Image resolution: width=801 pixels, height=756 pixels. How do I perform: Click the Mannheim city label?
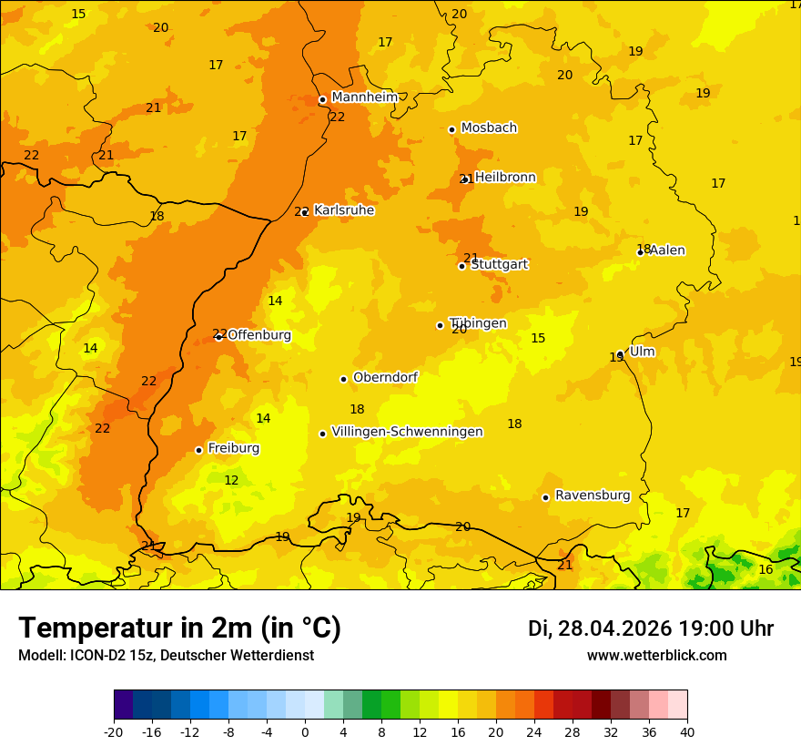point(364,97)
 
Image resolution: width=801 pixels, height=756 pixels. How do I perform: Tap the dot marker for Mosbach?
point(451,129)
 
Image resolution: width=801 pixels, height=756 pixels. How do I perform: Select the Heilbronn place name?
point(505,178)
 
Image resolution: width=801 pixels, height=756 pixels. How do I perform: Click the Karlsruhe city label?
point(344,210)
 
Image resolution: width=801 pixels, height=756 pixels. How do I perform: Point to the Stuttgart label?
point(500,264)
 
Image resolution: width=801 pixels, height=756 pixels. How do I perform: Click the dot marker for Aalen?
point(640,252)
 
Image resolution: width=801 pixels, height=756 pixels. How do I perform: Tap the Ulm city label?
point(642,352)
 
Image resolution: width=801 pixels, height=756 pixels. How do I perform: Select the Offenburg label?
point(259,335)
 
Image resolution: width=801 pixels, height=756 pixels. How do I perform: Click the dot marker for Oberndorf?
point(343,379)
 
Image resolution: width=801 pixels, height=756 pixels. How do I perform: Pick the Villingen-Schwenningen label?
point(407,432)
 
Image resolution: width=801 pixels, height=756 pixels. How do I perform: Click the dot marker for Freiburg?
point(198,450)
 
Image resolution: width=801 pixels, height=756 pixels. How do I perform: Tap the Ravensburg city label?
point(593,495)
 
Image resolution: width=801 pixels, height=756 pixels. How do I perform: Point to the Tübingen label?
point(478,323)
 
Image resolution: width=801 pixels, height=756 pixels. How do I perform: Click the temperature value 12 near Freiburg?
point(231,480)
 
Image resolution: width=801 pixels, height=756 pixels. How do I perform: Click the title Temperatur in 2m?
point(179,628)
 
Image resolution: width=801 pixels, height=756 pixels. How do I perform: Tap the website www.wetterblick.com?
point(656,656)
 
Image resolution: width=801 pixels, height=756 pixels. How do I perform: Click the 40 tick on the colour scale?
point(687,731)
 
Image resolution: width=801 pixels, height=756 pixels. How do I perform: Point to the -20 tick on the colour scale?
point(114,731)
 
